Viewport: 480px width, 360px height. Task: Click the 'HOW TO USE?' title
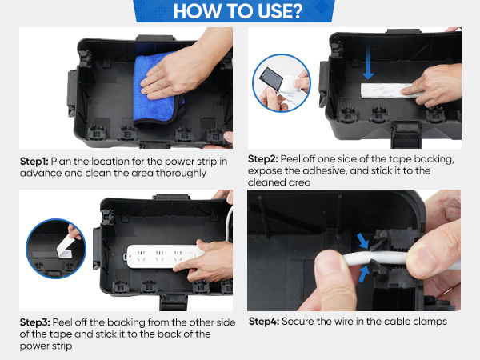coord(238,11)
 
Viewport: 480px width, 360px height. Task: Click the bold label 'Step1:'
coord(34,162)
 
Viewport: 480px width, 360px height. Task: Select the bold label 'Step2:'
coord(262,159)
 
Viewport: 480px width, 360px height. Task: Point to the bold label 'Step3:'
coord(34,322)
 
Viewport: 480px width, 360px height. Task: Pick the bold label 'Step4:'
coord(263,322)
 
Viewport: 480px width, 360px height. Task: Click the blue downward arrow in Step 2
coord(368,62)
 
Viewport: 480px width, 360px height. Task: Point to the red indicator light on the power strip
coord(130,256)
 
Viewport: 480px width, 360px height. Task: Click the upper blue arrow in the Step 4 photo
coord(363,241)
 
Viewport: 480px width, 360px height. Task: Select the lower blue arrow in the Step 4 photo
coord(364,274)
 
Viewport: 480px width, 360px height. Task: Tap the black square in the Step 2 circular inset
coord(271,78)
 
